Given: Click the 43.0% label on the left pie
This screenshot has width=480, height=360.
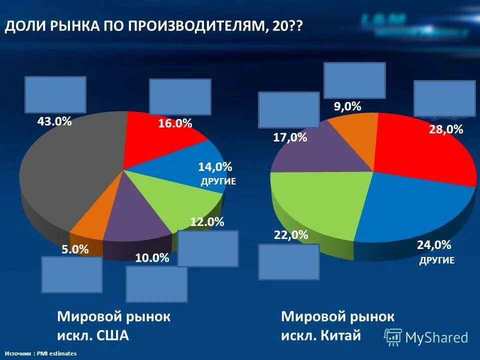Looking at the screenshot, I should coord(54,121).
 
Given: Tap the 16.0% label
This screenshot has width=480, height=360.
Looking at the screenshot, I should coord(175,123).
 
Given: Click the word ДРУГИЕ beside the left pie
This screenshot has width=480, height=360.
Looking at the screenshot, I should coord(218,181).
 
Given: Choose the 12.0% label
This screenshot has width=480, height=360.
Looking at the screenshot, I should coord(207,222).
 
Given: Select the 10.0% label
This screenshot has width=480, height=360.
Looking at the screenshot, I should coord(152,258).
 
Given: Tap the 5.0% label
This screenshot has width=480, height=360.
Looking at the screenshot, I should coord(75,249).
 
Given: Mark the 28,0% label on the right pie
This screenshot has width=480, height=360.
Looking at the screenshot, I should coord(446,129).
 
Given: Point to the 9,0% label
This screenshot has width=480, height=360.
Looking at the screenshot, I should coord(347,106).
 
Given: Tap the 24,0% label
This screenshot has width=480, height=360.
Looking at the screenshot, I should coord(434,245).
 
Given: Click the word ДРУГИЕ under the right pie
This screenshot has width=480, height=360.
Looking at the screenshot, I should coord(436,260).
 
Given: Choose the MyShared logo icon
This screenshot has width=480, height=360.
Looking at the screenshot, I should coord(393,337).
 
